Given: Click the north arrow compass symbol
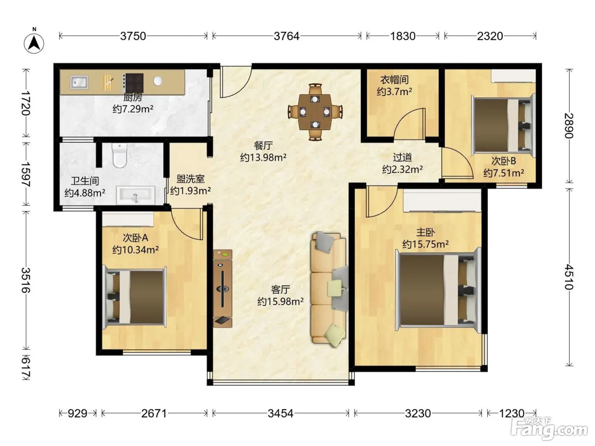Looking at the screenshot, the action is (x=34, y=43).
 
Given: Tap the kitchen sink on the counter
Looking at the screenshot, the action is (x=79, y=82).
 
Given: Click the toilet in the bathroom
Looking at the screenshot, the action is (x=119, y=155).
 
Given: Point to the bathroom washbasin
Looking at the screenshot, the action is (x=136, y=195).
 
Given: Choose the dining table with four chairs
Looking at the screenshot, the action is (x=315, y=112).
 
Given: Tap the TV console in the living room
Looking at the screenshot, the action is (x=223, y=288).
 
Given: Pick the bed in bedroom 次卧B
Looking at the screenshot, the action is (x=504, y=125).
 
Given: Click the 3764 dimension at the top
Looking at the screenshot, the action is (x=286, y=36).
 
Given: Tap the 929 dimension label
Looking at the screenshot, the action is (x=77, y=413).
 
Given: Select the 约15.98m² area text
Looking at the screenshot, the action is (x=280, y=301).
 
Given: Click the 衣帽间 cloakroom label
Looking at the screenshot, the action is (x=394, y=80).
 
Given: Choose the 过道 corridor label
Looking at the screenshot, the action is (x=402, y=157).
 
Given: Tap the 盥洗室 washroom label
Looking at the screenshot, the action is (x=190, y=179).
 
